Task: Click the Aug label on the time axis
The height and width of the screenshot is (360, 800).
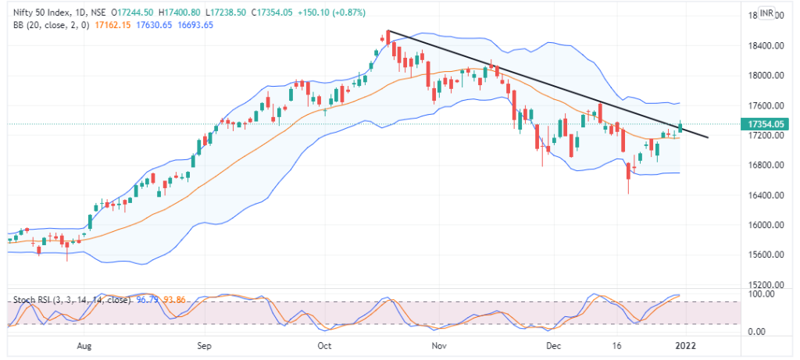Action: tap(85, 344)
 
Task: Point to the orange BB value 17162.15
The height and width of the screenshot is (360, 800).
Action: tap(112, 26)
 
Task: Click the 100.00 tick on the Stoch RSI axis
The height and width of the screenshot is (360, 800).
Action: tap(762, 294)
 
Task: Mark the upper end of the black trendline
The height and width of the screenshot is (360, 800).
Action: tap(388, 31)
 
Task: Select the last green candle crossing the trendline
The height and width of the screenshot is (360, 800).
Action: tap(680, 126)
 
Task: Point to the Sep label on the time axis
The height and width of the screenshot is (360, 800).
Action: tap(204, 344)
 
